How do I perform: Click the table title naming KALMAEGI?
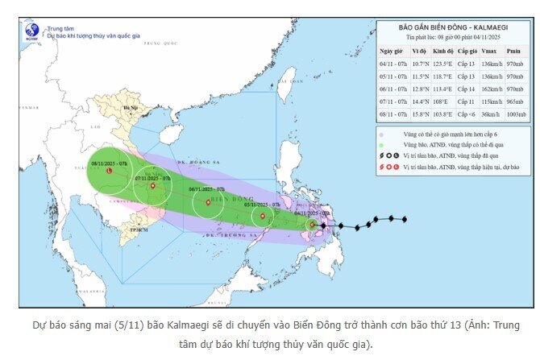pyautogui.click(x=455, y=27)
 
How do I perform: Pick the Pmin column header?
pyautogui.click(x=514, y=50)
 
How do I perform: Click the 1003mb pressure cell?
pyautogui.click(x=514, y=114)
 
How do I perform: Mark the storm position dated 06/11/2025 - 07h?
pyautogui.click(x=210, y=202)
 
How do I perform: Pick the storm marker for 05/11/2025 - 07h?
pyautogui.click(x=263, y=216)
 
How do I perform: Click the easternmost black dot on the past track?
pyautogui.click(x=404, y=219)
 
